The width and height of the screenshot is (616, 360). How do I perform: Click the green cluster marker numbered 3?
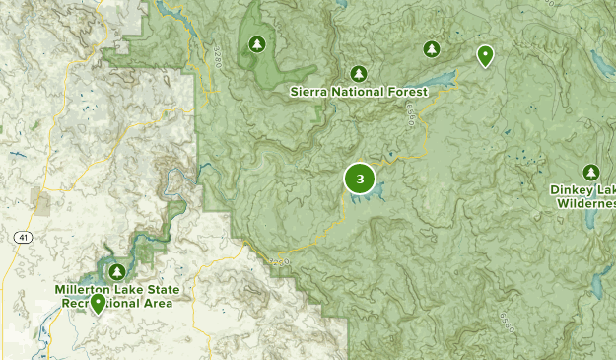[x=360, y=179]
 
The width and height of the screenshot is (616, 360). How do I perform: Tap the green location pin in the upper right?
[x=485, y=55]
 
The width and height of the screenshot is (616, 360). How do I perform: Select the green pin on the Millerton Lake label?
[x=98, y=304]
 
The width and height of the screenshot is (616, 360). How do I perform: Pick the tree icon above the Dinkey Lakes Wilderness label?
[x=591, y=172]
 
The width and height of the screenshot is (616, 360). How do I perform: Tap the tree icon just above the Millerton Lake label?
[x=118, y=271]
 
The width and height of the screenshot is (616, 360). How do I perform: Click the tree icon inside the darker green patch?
[x=257, y=44]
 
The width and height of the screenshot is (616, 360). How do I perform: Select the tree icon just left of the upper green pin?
[x=431, y=48]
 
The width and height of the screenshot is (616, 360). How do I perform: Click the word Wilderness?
[x=587, y=203]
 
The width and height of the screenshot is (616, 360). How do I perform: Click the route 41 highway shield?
[x=22, y=238]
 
